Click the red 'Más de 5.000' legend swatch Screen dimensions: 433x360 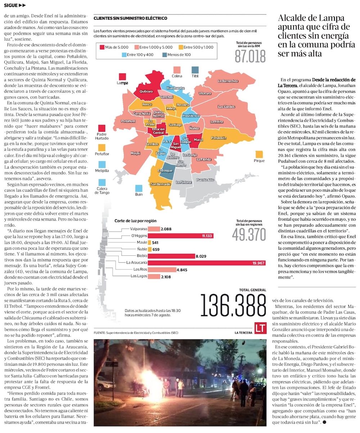coord(102,47)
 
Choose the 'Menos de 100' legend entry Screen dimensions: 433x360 coord(175,55)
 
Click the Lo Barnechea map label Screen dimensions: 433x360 coord(228,81)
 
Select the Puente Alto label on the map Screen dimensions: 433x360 coord(205,179)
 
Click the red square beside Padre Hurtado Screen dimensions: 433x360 coord(102,128)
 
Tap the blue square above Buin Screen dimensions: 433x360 coord(139,188)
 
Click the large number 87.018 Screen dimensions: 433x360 coord(250,56)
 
